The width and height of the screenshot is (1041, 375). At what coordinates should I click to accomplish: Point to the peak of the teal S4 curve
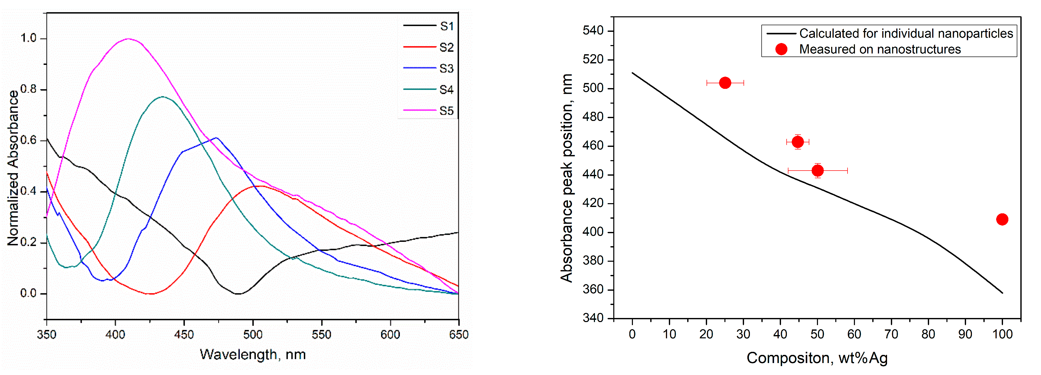click(x=162, y=96)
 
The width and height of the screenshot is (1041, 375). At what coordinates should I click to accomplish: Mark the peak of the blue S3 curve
click(x=217, y=138)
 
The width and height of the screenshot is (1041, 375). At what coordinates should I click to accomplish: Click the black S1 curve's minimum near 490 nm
click(x=238, y=294)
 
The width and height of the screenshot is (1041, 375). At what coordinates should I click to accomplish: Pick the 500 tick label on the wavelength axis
click(x=253, y=335)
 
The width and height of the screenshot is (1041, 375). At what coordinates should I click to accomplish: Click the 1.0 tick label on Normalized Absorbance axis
click(x=28, y=38)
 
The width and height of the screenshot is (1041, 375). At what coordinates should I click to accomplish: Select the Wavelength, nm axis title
click(x=253, y=354)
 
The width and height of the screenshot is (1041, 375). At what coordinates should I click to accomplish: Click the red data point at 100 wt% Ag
click(x=1002, y=219)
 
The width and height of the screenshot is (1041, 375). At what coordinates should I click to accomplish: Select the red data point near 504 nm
click(x=725, y=83)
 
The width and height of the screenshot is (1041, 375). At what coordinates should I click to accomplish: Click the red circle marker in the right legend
click(x=781, y=49)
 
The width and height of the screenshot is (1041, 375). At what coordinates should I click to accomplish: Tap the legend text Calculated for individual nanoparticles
click(x=906, y=34)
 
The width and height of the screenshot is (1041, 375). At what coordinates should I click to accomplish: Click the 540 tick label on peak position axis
click(x=593, y=31)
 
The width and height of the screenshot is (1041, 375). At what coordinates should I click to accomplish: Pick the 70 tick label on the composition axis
click(x=891, y=334)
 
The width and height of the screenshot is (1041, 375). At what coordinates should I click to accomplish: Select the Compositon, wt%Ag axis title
click(x=817, y=358)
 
